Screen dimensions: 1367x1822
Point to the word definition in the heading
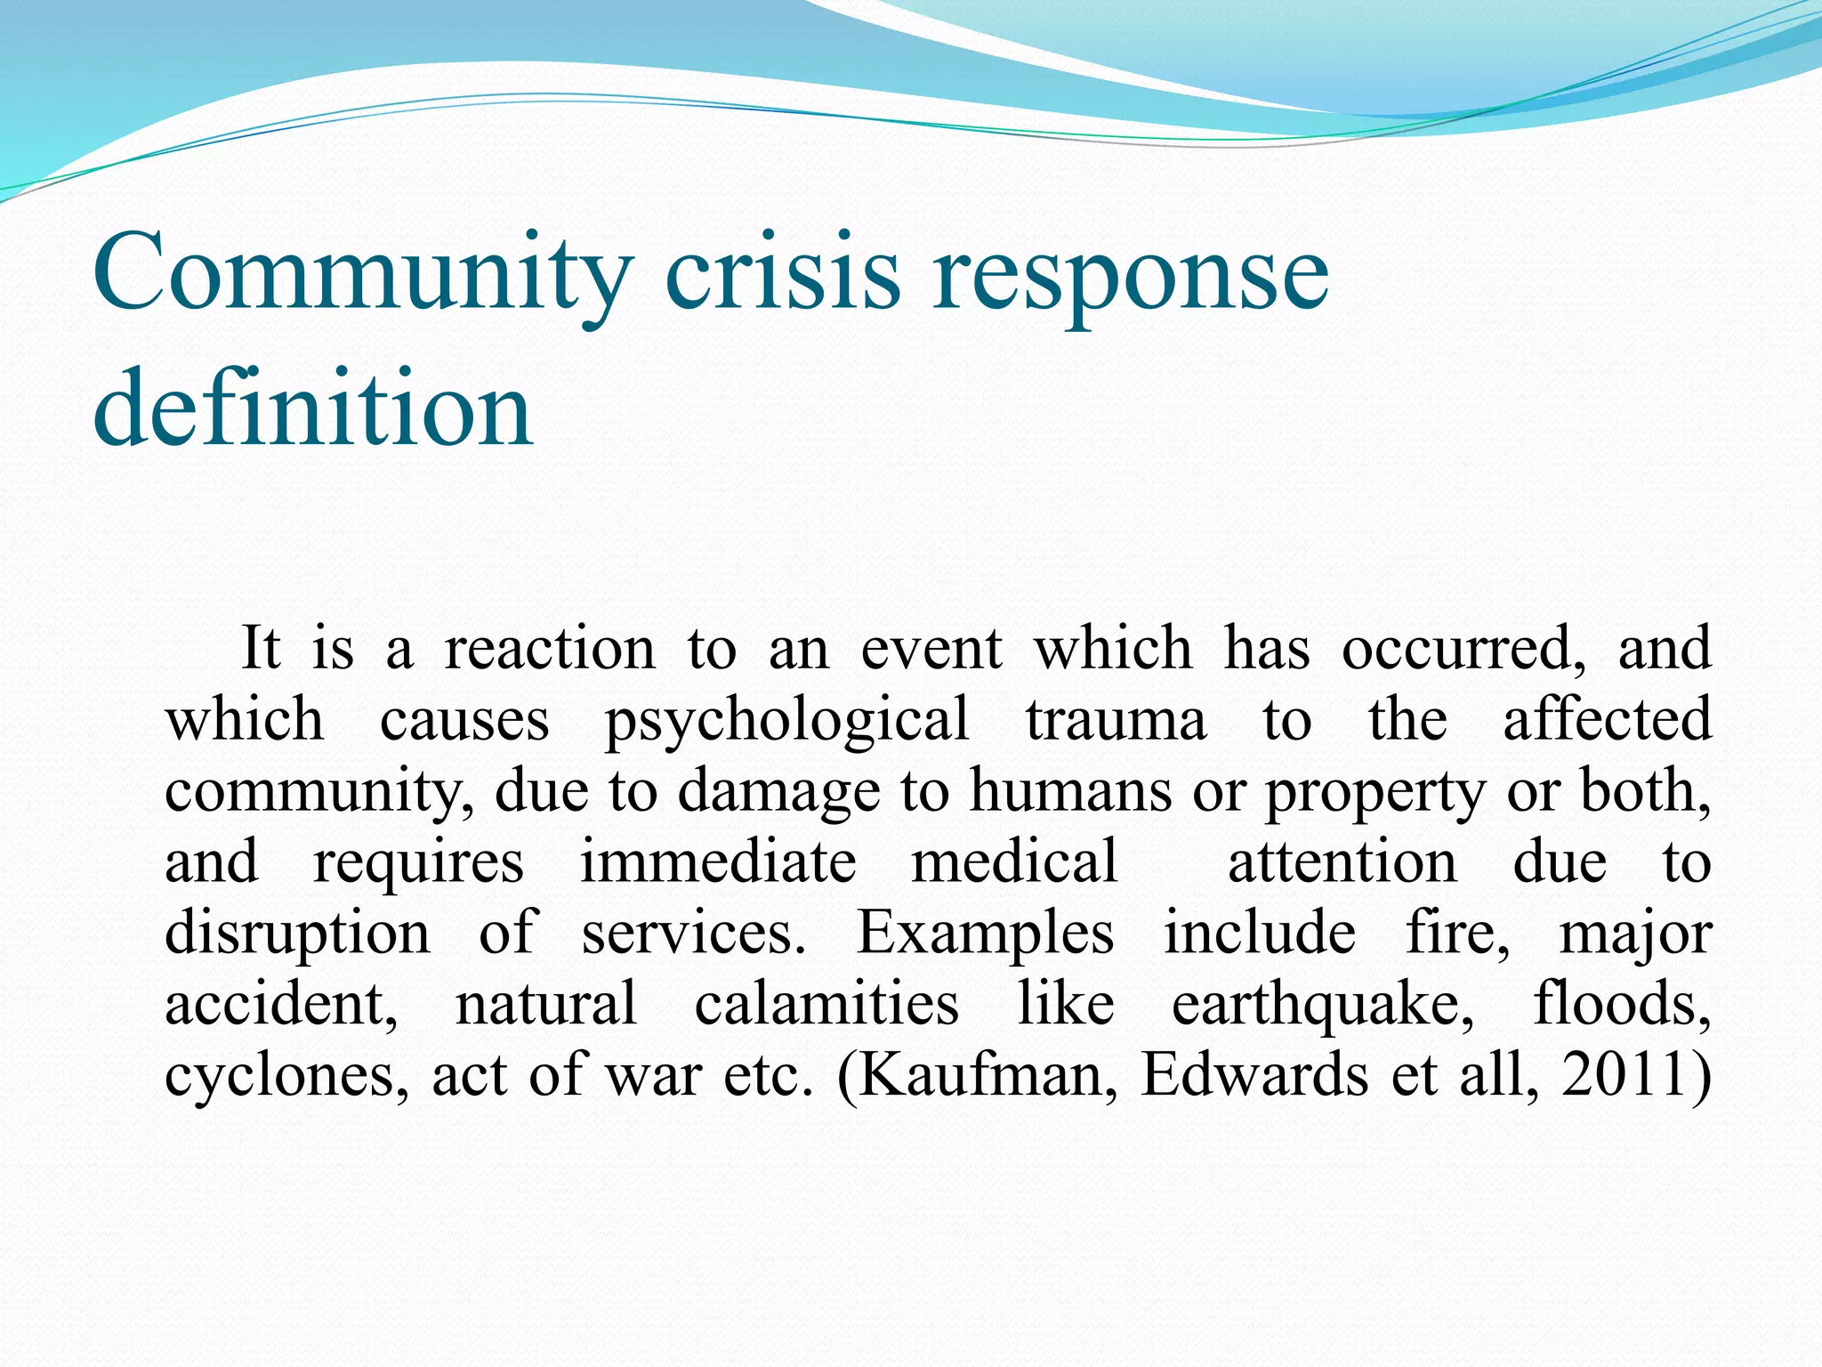click(x=312, y=409)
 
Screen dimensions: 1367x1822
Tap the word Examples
click(x=984, y=934)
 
